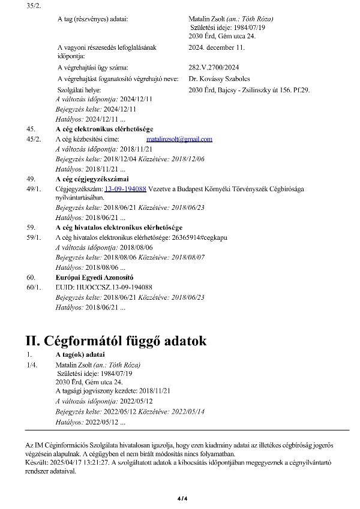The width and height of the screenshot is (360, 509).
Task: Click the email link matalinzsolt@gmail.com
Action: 179,139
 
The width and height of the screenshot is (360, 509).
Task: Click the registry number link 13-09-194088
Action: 125,189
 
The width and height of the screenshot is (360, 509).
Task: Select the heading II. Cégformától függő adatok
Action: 116,341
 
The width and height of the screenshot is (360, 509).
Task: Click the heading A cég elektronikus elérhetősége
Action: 104,129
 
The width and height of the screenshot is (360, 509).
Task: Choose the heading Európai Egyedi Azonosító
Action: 94,278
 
